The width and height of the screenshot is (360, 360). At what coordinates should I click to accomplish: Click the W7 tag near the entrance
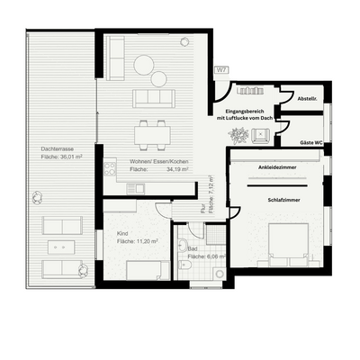[220, 69]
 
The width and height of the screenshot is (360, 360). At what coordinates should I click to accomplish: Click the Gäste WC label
[312, 144]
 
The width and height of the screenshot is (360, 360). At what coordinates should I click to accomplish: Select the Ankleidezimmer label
[276, 167]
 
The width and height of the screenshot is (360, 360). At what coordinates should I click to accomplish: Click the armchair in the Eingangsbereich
[262, 135]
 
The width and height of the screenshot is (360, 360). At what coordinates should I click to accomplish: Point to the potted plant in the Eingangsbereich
[238, 135]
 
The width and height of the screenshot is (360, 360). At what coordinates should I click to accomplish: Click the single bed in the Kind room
[144, 270]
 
